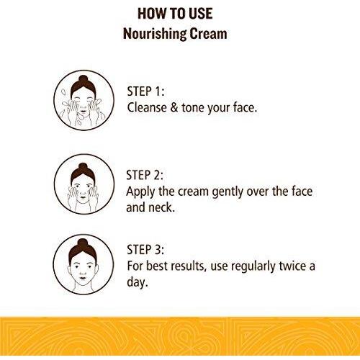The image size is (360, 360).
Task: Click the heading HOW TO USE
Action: click(175, 14)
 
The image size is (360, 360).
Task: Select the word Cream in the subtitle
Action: click(208, 34)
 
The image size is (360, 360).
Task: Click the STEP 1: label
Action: click(145, 91)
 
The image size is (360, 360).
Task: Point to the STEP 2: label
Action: click(145, 175)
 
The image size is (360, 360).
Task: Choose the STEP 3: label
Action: click(145, 249)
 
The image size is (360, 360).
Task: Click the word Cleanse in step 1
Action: click(147, 107)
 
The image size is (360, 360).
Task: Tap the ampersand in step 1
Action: click(174, 107)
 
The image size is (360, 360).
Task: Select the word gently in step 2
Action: click(228, 192)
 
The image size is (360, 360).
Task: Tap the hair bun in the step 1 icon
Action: click(84, 79)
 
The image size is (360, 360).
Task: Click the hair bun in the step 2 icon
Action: click(83, 167)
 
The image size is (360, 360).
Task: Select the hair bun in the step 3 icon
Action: click(82, 243)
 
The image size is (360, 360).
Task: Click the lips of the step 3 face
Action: click(82, 278)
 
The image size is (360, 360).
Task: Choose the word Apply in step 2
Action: click(140, 192)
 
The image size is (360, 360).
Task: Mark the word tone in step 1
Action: click(193, 108)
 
